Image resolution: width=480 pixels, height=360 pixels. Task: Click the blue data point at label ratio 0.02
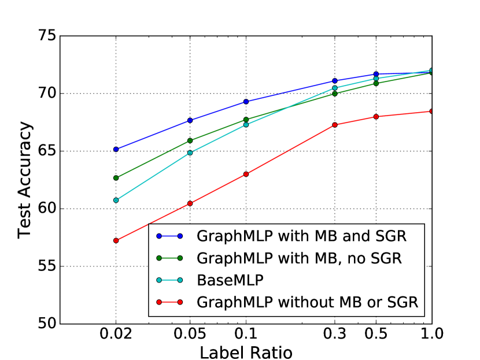tap(116, 149)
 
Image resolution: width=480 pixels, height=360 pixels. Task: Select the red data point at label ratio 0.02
tap(116, 240)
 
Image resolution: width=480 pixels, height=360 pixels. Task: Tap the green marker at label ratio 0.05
tap(190, 140)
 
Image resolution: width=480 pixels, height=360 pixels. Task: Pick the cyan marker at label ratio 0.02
tap(116, 200)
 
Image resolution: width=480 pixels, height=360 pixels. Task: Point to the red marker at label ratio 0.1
tap(246, 174)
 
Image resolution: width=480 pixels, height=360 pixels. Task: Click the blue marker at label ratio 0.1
tap(246, 102)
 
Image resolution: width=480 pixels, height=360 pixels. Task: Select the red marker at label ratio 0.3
tap(335, 125)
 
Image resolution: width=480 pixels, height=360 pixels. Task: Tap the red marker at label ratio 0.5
tap(376, 117)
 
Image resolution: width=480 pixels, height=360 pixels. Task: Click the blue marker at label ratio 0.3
tap(335, 81)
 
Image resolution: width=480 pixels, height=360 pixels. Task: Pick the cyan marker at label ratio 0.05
tap(190, 153)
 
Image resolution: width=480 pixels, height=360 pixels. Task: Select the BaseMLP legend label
tap(230, 280)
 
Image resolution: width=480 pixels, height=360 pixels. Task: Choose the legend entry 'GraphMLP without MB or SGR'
tap(307, 302)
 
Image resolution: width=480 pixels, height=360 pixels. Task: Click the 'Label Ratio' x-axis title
tap(246, 352)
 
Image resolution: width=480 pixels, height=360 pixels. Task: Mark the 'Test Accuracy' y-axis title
tap(24, 180)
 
